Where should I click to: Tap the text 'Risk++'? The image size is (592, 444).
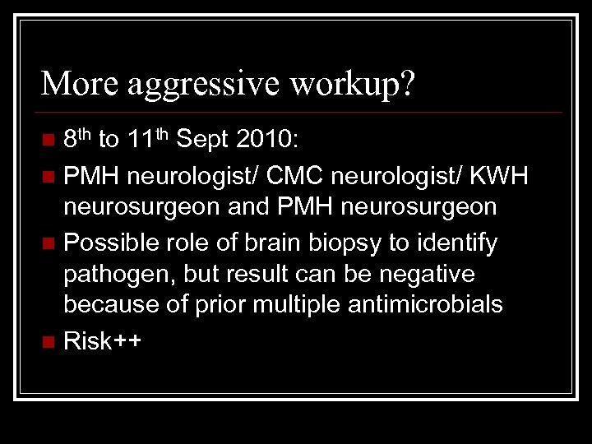pos(102,340)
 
